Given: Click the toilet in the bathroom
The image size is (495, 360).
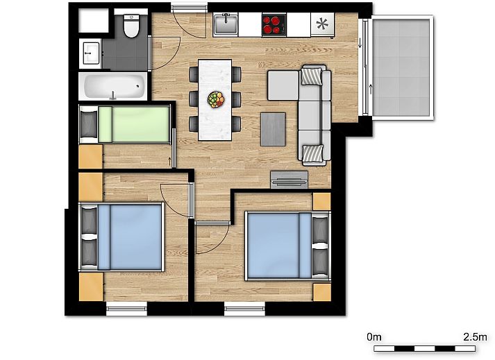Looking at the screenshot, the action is click(x=131, y=26).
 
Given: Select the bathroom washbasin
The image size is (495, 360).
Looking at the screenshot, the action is click(x=91, y=53).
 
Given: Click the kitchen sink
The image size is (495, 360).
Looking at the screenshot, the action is click(x=226, y=24).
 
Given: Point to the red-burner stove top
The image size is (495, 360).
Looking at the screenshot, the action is click(x=274, y=24).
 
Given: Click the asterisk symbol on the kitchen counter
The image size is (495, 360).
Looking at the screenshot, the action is click(x=322, y=24).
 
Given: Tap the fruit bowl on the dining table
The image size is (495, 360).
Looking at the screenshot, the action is click(x=216, y=100).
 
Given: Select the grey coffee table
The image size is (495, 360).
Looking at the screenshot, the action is click(x=273, y=129).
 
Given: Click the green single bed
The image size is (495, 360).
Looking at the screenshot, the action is click(x=124, y=125).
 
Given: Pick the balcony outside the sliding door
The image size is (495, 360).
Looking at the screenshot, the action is click(x=401, y=67).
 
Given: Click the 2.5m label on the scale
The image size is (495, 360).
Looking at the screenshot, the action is click(x=475, y=337).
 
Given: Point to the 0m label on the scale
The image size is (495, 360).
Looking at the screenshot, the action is click(x=374, y=337).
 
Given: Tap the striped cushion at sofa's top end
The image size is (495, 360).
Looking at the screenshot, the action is click(x=312, y=76).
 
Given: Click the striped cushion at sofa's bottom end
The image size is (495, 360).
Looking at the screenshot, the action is click(x=313, y=154).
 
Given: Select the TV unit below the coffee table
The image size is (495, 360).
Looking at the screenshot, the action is click(x=290, y=180).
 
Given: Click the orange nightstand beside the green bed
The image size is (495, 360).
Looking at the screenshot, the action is click(x=91, y=157).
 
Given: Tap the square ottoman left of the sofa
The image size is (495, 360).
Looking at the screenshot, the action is click(x=283, y=85).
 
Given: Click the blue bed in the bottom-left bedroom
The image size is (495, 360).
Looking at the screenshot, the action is click(x=121, y=237).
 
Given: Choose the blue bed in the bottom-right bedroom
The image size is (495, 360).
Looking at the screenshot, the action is click(x=287, y=246).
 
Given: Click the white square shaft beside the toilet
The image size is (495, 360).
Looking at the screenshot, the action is click(x=94, y=21).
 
